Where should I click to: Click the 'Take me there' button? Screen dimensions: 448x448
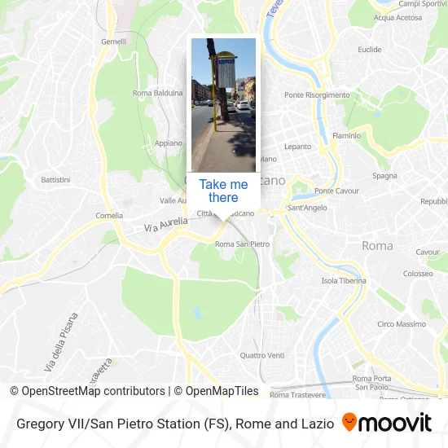pos(223,191)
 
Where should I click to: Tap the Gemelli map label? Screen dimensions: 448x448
pos(113,41)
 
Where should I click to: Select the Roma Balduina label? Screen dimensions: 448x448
pos(158,93)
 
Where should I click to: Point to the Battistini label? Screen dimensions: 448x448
pos(56,179)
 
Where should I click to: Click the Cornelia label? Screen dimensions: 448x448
pos(109,216)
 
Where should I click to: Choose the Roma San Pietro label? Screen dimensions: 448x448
pos(242,244)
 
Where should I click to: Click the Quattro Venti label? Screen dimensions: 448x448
pos(262,355)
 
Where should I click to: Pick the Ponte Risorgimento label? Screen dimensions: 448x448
pos(317,95)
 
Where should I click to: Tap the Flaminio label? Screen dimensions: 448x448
pos(346,135)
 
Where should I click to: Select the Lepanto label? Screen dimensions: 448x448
pos(297,147)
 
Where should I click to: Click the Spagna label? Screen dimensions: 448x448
pos(384,175)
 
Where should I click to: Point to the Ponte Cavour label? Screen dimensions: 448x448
pos(336,191)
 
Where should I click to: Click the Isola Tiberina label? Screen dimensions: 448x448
pos(344,281)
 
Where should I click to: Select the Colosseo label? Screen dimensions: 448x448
pos(418,274)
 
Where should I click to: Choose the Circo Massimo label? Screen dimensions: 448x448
pos(401,324)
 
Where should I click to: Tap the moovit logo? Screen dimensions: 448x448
pos(387,423)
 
